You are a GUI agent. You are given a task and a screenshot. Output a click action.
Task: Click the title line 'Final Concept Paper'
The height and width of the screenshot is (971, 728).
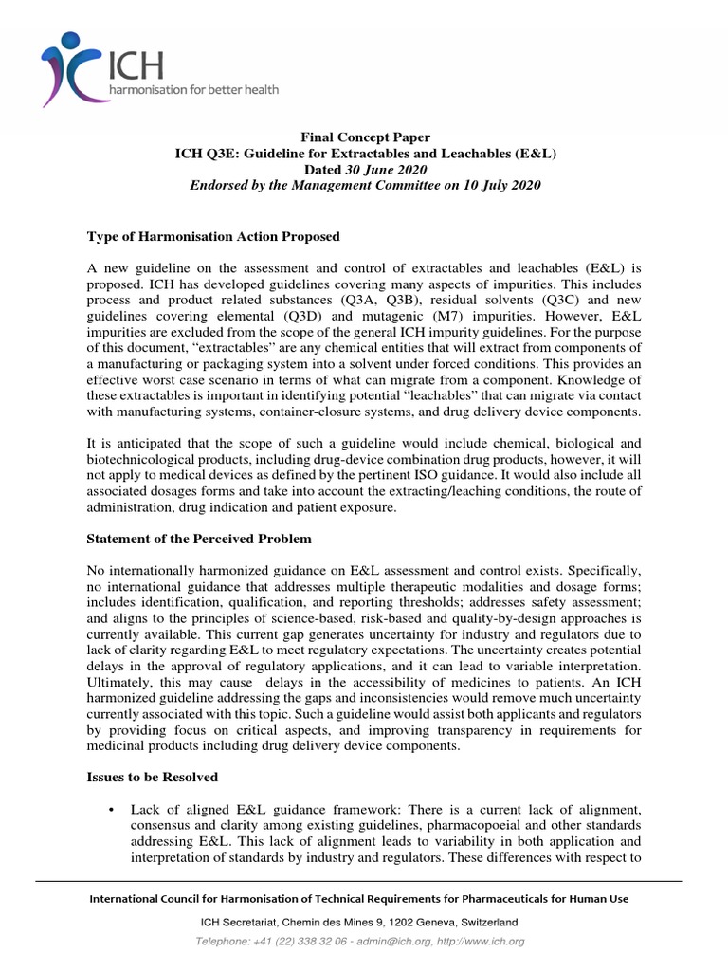[364, 138]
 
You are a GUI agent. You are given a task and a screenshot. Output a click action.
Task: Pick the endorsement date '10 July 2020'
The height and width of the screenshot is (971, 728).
[501, 185]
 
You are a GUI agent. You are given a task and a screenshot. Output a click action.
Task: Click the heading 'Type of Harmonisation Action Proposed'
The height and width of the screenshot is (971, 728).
[213, 236]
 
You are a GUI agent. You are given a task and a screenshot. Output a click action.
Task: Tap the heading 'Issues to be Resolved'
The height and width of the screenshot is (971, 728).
[153, 777]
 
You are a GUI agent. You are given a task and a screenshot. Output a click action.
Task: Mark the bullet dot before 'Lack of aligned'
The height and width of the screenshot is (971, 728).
[113, 809]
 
